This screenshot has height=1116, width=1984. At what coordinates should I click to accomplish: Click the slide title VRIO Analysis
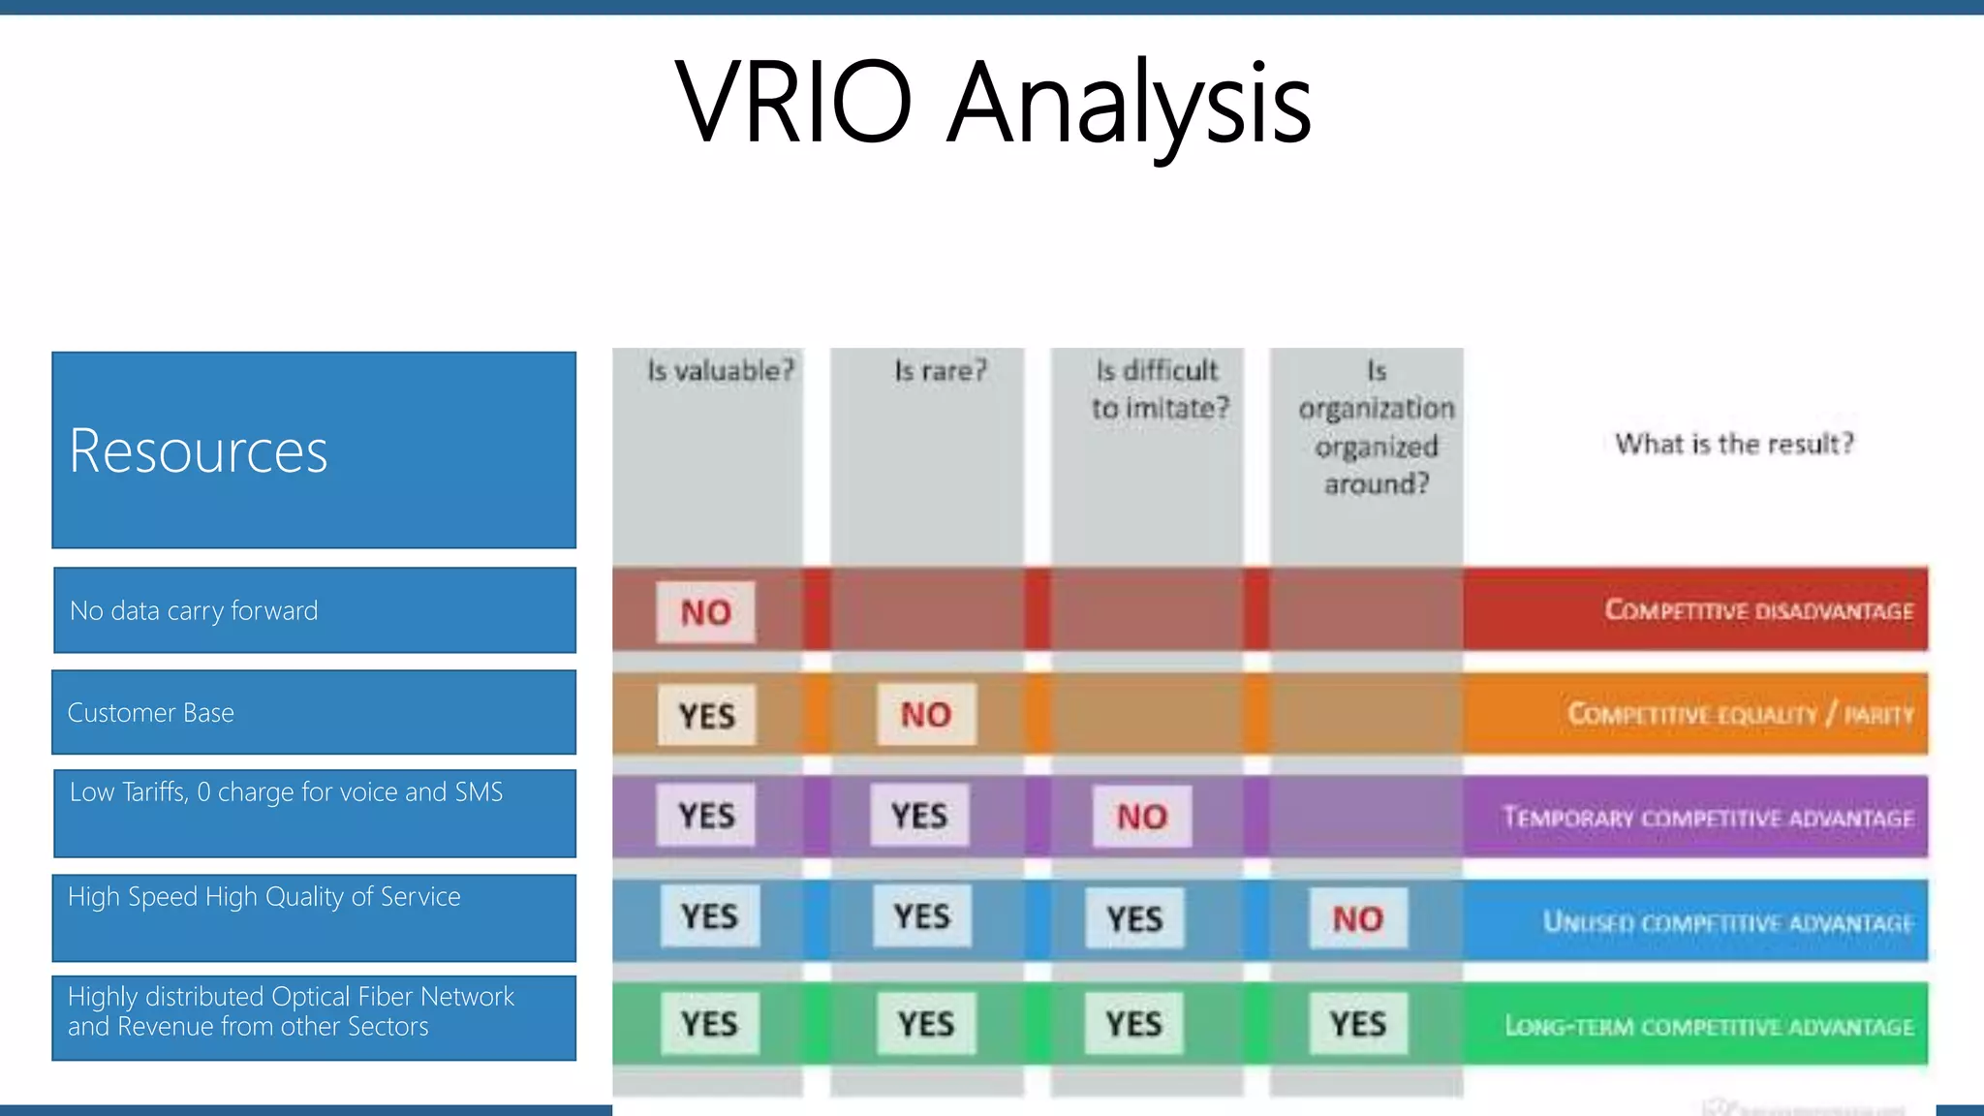992,103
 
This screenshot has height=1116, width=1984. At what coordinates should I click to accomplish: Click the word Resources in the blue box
199,451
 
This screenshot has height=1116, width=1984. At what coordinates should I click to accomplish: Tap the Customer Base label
151,713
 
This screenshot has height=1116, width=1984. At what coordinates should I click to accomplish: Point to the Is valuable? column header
720,371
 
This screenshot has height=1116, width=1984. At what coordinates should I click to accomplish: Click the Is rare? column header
940,371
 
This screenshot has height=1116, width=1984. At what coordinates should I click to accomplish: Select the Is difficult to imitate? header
1159,389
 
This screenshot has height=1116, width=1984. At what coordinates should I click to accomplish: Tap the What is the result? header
1733,445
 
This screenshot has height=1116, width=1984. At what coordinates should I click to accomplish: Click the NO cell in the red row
705,612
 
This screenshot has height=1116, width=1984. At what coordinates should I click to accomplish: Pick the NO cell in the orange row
926,715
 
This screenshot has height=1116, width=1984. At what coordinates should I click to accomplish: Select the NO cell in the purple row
1142,817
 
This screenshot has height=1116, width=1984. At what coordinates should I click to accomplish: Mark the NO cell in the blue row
1357,919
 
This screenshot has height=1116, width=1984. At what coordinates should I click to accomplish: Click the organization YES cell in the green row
1357,1024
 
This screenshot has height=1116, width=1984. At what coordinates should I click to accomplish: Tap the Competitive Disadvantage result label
1758,610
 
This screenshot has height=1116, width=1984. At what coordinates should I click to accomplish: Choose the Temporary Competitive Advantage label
1707,818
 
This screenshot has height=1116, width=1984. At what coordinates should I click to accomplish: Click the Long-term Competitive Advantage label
1709,1026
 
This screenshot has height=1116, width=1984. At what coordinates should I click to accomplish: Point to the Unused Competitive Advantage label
1727,922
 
